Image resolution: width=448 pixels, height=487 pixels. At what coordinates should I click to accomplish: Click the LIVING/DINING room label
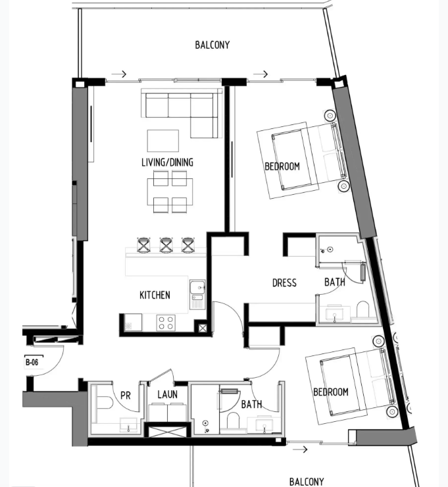(167, 162)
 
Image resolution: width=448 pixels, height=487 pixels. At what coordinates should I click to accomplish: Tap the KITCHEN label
(155, 295)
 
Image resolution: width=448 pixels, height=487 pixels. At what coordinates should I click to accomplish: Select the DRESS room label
(284, 282)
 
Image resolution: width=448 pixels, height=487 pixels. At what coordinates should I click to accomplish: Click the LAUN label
(167, 394)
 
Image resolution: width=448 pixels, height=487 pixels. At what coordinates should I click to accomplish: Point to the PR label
(126, 396)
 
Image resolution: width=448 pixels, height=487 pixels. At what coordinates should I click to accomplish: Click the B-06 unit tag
(32, 362)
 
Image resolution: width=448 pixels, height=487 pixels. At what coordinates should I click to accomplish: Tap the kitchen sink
(197, 294)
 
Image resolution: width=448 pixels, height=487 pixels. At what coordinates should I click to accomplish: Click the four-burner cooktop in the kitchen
(166, 322)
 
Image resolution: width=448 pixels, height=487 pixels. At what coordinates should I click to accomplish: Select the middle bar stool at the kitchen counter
(166, 245)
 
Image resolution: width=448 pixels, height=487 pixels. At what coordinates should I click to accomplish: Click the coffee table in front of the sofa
(163, 141)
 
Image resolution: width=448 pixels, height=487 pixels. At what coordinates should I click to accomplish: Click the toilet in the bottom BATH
(233, 421)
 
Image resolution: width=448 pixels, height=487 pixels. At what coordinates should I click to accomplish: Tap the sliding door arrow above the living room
(119, 74)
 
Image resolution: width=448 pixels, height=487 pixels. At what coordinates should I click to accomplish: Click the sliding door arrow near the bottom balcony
(300, 449)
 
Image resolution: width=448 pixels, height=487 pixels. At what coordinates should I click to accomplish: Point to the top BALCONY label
(212, 45)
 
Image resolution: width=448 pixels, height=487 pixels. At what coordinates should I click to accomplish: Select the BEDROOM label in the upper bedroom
(282, 167)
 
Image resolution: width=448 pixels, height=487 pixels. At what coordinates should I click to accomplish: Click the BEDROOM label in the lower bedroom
(331, 392)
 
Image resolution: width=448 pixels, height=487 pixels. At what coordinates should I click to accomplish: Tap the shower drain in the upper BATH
(330, 249)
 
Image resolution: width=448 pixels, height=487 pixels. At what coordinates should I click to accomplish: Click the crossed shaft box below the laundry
(168, 432)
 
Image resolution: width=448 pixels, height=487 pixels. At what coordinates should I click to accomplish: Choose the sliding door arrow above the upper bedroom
(261, 74)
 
